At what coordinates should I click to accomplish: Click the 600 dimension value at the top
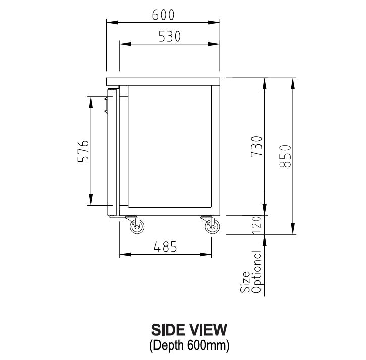[x=163, y=15]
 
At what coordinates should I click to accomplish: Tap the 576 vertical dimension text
[x=83, y=151]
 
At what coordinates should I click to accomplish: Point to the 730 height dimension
[x=257, y=146]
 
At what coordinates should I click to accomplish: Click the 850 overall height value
[x=285, y=156]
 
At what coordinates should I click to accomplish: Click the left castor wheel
[x=136, y=228]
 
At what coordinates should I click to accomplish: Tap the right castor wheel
[x=213, y=228]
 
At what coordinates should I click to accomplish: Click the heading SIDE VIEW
[x=189, y=330]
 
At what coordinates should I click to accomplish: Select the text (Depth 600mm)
[x=189, y=346]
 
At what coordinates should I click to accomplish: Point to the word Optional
[x=257, y=272]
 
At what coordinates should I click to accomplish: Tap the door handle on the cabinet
[x=107, y=104]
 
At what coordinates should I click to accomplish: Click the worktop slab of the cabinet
[x=163, y=81]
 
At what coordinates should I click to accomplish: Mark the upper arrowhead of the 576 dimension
[x=91, y=100]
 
